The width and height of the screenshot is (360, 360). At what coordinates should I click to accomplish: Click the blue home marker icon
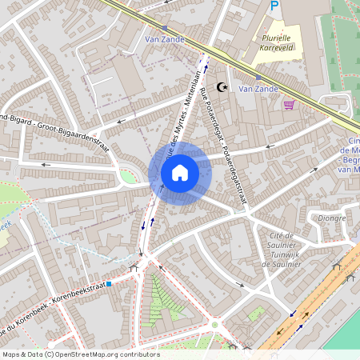pyautogui.click(x=180, y=172)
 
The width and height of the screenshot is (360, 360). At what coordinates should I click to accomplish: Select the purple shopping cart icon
pyautogui.click(x=288, y=104)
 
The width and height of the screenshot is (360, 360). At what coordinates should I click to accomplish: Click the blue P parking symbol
pyautogui.click(x=274, y=6)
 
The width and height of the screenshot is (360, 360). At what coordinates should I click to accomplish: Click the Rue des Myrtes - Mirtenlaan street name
pyautogui.click(x=182, y=112)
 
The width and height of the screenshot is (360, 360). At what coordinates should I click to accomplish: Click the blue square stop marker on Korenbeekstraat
pyautogui.click(x=108, y=282)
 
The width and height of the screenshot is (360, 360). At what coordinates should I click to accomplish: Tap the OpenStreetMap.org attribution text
pyautogui.click(x=80, y=354)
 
